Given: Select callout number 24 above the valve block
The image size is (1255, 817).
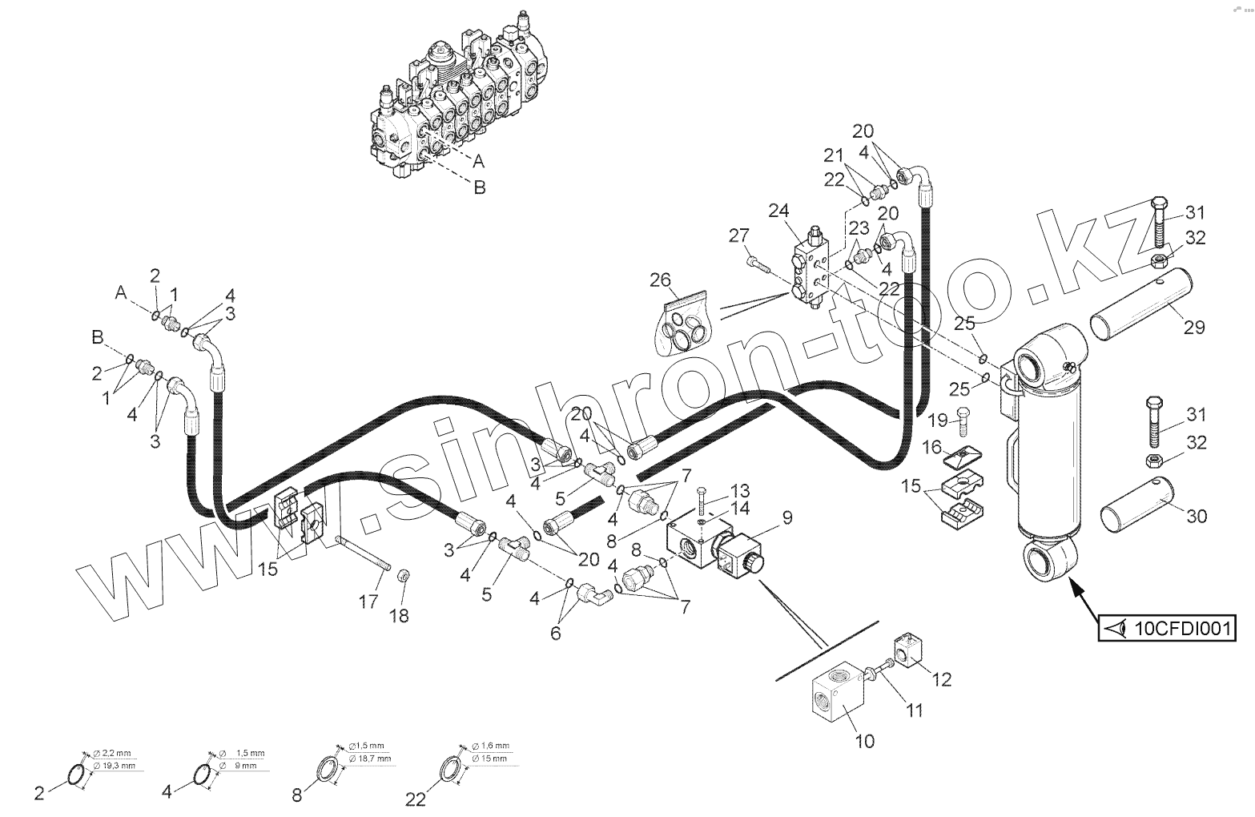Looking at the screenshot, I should click(x=778, y=211).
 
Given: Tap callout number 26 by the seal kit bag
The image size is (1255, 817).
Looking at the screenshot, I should click(x=660, y=280).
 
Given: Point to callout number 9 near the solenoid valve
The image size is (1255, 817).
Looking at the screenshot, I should click(x=787, y=517).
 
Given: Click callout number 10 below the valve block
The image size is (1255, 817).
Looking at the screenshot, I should click(x=865, y=741).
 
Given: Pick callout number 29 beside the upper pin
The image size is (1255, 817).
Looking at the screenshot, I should click(x=1194, y=328).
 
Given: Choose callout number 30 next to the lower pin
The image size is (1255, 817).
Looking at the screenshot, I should click(x=1196, y=517).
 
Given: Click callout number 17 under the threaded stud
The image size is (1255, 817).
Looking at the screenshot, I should click(x=368, y=601).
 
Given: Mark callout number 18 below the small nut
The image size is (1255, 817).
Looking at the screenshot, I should click(x=399, y=615).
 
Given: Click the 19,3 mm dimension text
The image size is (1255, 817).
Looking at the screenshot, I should click(x=118, y=766).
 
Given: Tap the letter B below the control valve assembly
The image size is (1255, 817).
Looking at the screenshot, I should click(x=480, y=187).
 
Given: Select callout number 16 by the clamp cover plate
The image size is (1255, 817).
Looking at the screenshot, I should click(x=933, y=446).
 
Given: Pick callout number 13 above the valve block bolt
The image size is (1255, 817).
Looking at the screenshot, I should click(x=739, y=489).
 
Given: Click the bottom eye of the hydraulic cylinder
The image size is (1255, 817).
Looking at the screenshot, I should click(x=1048, y=561).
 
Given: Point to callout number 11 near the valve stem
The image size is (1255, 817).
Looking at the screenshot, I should click(x=914, y=710).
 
